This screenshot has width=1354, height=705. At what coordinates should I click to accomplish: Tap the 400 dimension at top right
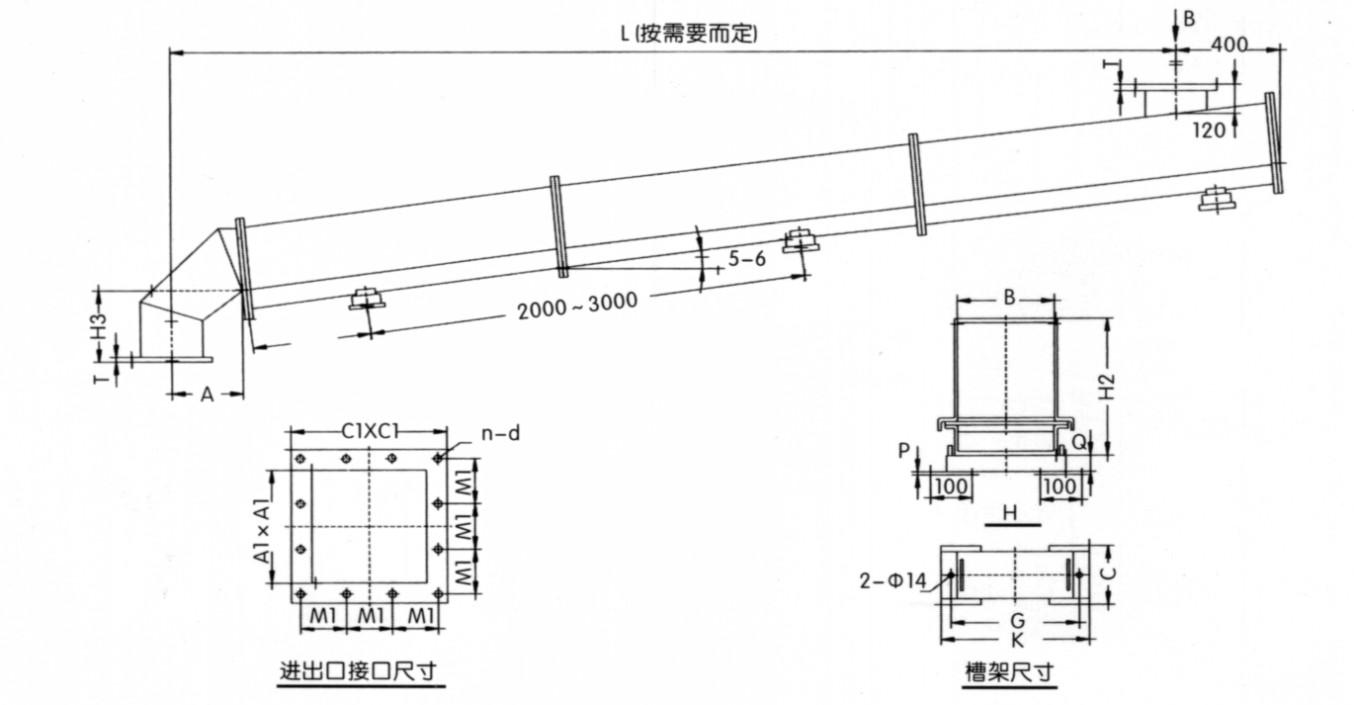(x=1230, y=44)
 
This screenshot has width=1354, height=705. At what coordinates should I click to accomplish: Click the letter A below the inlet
(x=207, y=395)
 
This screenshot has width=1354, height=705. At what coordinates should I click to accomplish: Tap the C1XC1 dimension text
(x=369, y=432)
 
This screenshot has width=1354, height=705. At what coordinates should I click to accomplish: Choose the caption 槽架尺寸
(x=1009, y=673)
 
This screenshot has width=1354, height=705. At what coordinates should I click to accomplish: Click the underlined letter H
(x=1009, y=512)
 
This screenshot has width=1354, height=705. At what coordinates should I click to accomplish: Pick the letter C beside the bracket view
(x=1109, y=572)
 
